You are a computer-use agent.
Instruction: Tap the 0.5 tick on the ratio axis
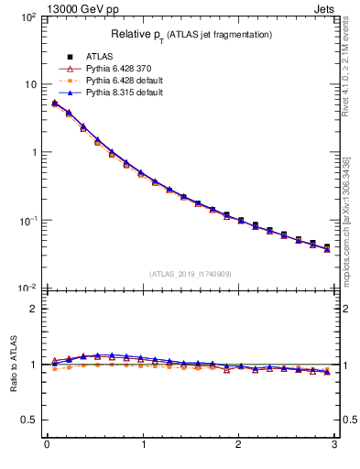point(31,420)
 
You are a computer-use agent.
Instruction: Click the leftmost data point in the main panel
point(54,104)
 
